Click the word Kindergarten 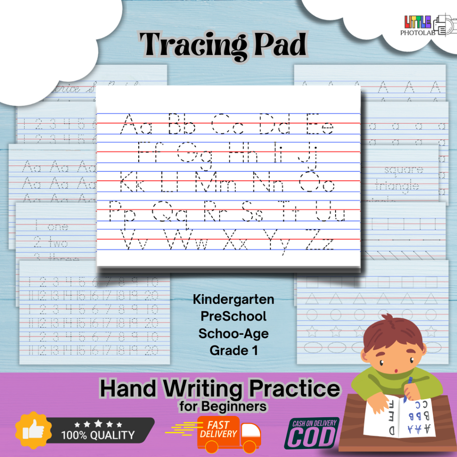click(233, 299)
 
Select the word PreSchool click(233, 316)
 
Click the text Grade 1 click(233, 350)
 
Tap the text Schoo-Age click(233, 333)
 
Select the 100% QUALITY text click(98, 434)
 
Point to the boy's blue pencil click(408, 388)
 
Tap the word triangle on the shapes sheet click(397, 186)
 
